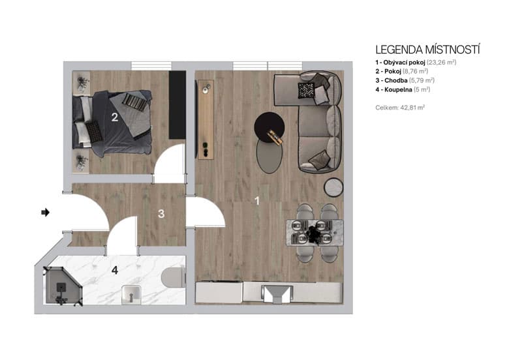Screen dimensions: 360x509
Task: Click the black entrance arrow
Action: tap(45, 212)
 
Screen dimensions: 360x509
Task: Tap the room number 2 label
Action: tap(114, 118)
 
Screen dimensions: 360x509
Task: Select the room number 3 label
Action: tap(161, 213)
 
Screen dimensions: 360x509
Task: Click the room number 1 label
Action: tap(257, 202)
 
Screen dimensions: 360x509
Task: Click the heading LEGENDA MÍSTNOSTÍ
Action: tap(428, 50)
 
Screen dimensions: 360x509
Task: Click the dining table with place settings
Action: tap(315, 232)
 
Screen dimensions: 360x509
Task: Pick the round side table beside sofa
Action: tap(334, 187)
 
